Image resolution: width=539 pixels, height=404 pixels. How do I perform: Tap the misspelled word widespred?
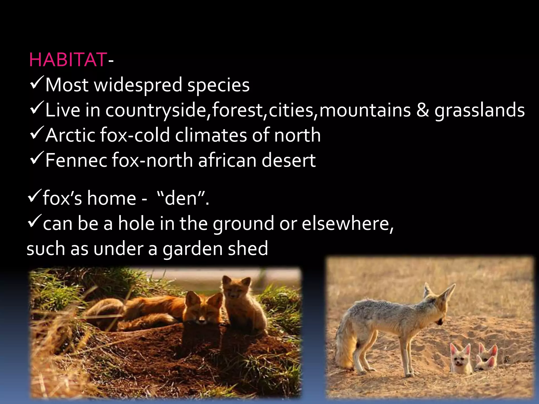[x=138, y=85]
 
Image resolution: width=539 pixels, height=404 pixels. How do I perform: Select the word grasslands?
[x=480, y=110]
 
